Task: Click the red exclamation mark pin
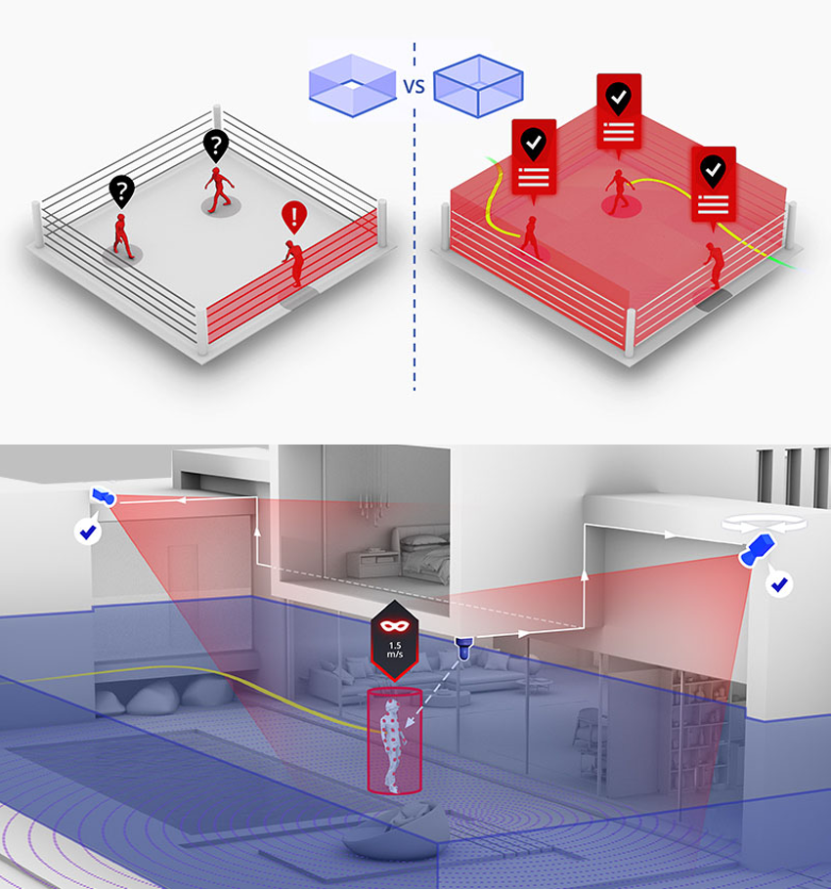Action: [x=294, y=217]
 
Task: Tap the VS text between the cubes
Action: [x=415, y=86]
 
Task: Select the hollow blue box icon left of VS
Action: [x=353, y=85]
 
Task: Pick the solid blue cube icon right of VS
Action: [x=478, y=86]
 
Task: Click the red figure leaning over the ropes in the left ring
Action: [x=294, y=263]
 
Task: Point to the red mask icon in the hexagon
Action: [x=395, y=626]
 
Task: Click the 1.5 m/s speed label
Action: [x=395, y=650]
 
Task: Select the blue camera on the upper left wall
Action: [x=104, y=496]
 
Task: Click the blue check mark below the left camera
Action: [x=88, y=532]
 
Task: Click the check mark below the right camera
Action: [x=779, y=583]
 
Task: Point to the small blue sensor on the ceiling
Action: [x=463, y=648]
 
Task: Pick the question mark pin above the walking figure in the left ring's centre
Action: [x=216, y=147]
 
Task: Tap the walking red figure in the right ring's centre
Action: [x=618, y=191]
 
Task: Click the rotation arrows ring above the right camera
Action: [x=764, y=524]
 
